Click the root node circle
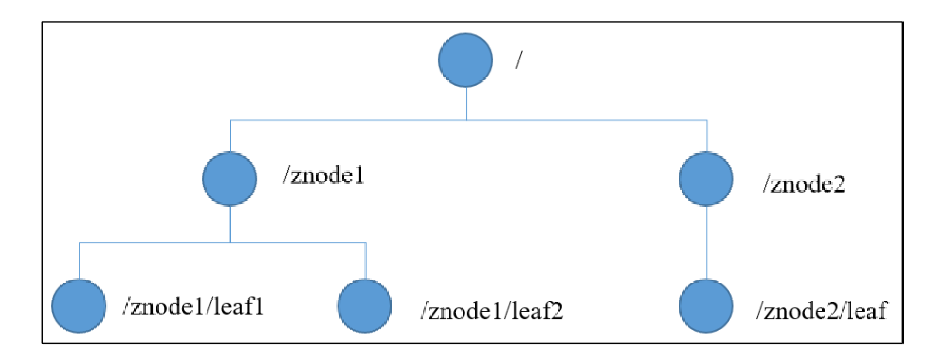click(x=465, y=61)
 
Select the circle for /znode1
click(x=229, y=179)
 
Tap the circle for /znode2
click(x=706, y=179)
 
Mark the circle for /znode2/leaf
click(x=706, y=306)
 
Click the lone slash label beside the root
click(x=519, y=61)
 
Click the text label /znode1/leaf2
click(x=491, y=311)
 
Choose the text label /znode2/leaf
click(x=819, y=311)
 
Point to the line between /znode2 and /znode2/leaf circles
click(x=707, y=243)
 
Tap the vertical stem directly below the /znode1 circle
click(x=230, y=224)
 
